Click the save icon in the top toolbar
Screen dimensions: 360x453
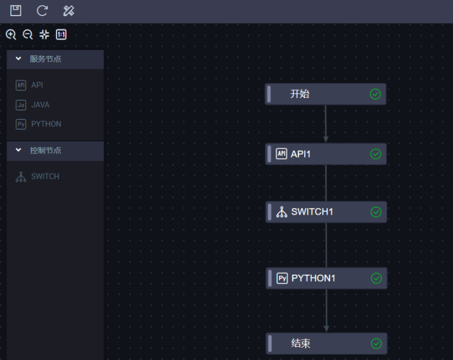(x=16, y=10)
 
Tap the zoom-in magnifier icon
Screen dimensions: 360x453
(x=10, y=35)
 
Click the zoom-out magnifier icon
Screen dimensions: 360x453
(x=27, y=35)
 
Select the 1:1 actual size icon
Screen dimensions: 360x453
(x=61, y=35)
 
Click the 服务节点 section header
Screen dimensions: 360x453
(x=46, y=59)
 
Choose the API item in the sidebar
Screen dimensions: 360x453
(x=37, y=85)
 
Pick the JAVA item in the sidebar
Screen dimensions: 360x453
(x=40, y=105)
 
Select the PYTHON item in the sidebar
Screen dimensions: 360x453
(x=46, y=124)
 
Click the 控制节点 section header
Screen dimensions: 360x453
(x=46, y=151)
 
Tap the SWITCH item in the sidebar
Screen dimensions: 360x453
(x=45, y=177)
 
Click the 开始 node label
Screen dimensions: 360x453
(x=300, y=94)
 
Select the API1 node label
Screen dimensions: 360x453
(x=301, y=154)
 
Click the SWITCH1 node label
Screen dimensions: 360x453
(x=312, y=212)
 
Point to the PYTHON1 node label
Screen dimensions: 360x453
(x=313, y=278)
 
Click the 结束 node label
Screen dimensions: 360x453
(x=301, y=344)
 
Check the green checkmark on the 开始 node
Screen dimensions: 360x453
(x=376, y=94)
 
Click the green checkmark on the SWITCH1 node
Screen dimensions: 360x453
(x=376, y=212)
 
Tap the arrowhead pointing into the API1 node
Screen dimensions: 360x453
(x=326, y=139)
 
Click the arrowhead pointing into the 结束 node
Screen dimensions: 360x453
(x=326, y=328)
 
